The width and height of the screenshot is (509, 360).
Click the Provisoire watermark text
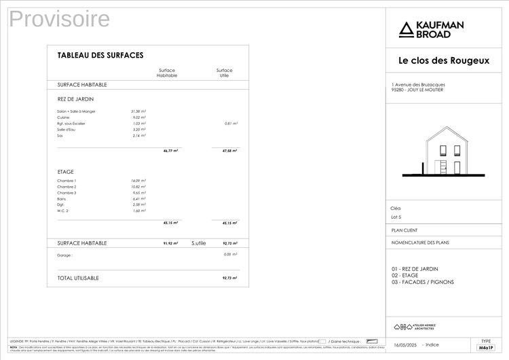(x=60, y=20)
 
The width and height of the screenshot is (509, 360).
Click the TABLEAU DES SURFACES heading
(x=100, y=55)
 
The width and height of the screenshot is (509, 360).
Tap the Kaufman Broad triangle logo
(x=405, y=29)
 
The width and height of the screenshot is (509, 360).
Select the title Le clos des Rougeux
(x=443, y=60)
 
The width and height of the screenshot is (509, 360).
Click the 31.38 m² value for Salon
(x=138, y=111)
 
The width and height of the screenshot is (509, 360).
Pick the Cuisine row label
(x=63, y=118)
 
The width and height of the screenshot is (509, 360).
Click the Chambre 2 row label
(x=67, y=187)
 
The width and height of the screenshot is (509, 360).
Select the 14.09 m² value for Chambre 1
(x=138, y=181)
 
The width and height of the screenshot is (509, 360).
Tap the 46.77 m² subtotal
(x=170, y=151)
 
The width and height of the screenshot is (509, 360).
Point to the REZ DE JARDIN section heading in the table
(x=75, y=99)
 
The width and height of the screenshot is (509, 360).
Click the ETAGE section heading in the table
(x=65, y=172)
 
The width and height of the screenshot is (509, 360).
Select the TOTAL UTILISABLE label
(x=78, y=278)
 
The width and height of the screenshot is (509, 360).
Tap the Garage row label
(x=64, y=255)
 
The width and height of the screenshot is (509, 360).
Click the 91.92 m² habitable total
(x=170, y=242)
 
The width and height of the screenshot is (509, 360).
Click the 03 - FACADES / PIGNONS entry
(x=422, y=282)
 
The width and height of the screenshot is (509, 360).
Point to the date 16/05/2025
(x=405, y=345)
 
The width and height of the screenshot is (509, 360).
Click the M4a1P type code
(x=485, y=347)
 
